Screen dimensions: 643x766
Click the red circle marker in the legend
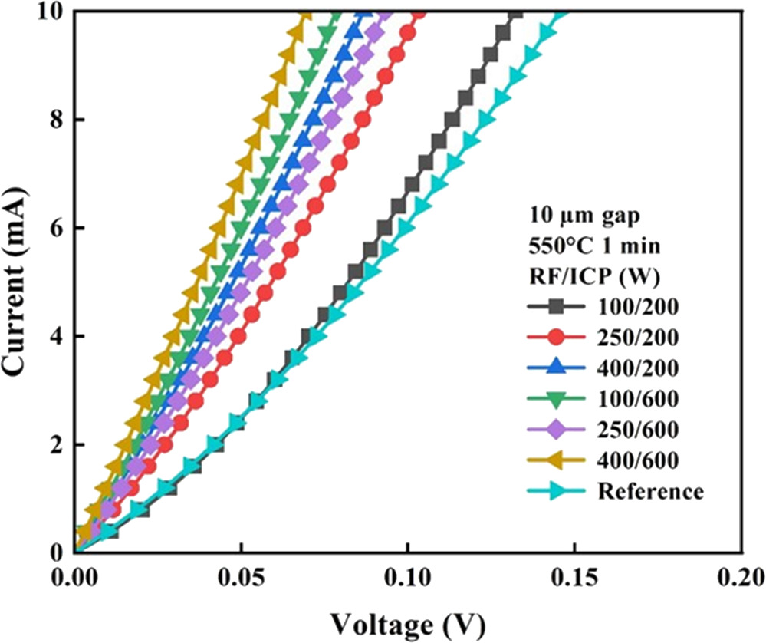coord(558,338)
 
